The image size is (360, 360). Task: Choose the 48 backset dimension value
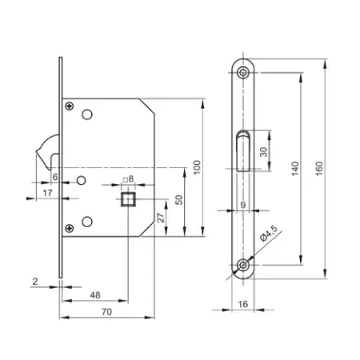tap(95, 294)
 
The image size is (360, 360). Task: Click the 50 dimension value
tap(180, 199)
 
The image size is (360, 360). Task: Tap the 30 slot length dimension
tap(263, 152)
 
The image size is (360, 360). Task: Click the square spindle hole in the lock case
tap(126, 198)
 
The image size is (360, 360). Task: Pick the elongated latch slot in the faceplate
tap(243, 152)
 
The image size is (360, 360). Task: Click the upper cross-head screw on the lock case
tap(72, 107)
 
